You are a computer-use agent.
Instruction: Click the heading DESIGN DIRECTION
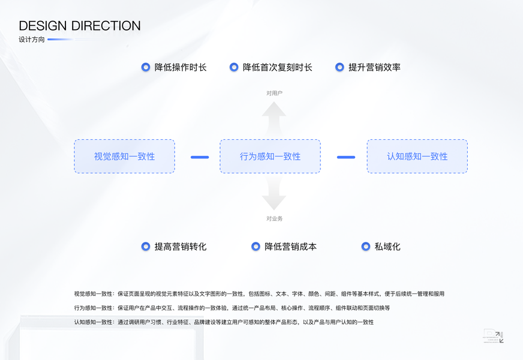coord(80,26)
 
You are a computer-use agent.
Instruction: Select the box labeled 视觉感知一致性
coord(124,157)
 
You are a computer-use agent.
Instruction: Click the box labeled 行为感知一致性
coord(270,157)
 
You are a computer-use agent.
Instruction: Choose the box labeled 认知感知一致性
coord(417,157)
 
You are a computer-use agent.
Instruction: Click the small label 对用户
coord(274,93)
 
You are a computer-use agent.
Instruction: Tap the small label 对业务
coord(274,219)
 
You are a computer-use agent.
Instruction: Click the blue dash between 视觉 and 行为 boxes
coord(200,157)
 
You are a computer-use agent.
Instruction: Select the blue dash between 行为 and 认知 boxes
coord(346,157)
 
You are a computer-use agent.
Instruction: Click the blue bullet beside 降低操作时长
coord(145,67)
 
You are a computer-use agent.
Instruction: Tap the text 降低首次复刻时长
coord(277,67)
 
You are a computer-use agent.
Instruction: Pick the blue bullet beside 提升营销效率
coord(339,67)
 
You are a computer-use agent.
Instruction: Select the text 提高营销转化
coord(181,247)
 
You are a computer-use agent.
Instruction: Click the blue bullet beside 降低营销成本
coord(256,247)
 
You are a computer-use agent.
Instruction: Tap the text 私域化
coord(387,247)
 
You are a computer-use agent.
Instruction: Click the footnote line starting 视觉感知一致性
coord(259,294)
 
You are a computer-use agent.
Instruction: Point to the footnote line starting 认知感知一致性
coord(224,322)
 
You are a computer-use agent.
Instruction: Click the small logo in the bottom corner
coord(493,337)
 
